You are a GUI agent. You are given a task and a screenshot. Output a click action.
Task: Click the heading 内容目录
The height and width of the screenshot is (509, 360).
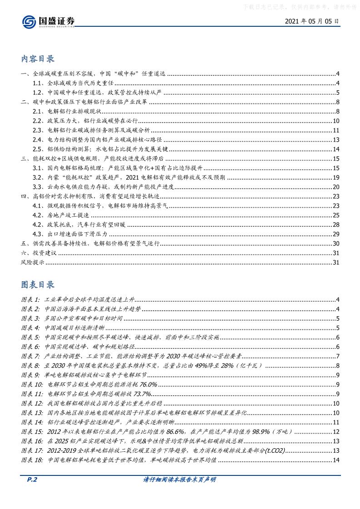38,59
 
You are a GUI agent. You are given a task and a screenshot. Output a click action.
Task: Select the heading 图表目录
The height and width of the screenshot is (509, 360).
38,284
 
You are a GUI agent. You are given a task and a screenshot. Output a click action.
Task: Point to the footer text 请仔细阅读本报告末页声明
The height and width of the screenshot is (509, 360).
179,492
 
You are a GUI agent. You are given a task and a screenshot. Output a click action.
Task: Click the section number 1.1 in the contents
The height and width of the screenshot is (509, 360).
38,83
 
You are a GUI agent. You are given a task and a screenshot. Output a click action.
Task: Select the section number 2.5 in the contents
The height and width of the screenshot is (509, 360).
38,149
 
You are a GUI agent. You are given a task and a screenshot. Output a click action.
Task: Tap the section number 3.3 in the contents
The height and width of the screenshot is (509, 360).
38,187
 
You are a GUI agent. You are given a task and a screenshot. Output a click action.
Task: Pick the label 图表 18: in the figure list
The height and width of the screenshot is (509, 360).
33,460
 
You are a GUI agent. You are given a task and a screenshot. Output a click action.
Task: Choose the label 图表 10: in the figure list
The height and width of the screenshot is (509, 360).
33,385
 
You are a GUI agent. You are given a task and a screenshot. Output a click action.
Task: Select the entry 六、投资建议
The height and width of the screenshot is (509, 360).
39,253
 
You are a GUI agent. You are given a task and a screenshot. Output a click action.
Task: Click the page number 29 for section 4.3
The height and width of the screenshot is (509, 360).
336,234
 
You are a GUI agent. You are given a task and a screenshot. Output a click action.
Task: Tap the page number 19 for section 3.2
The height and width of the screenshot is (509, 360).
336,177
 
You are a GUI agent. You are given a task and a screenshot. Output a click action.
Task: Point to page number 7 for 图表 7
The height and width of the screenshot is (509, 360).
338,357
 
